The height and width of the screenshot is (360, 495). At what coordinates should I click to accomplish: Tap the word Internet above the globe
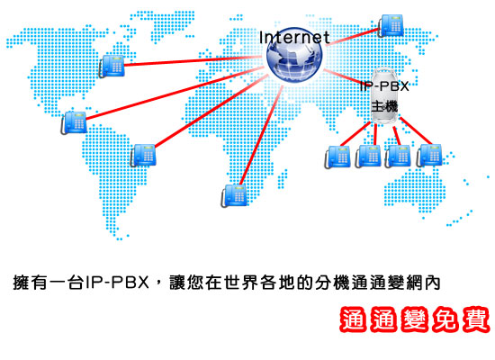[294, 38]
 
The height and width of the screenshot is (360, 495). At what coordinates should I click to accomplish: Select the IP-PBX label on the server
[384, 86]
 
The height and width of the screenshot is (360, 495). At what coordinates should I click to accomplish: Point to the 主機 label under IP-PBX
[384, 106]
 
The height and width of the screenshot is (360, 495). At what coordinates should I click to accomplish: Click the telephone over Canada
[112, 66]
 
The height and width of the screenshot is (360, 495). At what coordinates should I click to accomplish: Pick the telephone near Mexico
[74, 122]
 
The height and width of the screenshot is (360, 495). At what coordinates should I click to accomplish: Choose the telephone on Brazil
[143, 155]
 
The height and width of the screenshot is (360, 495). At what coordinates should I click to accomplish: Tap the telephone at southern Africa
[234, 196]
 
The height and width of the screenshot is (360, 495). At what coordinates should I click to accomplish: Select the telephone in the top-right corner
[391, 25]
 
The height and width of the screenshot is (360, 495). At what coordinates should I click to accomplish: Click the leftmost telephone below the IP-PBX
[337, 157]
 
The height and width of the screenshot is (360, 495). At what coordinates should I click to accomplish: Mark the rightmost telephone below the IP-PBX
[429, 156]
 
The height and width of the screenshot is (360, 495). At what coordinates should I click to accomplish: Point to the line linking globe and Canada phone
[193, 61]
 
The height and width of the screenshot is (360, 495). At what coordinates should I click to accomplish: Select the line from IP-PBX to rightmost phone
[416, 130]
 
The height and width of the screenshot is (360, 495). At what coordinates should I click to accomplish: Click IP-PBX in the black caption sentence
[117, 283]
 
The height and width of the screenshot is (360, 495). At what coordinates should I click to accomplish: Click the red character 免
[445, 319]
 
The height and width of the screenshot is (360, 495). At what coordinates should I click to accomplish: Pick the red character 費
[476, 319]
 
